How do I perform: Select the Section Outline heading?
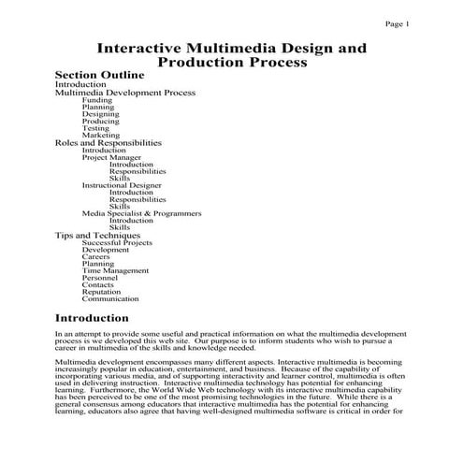tap(99, 75)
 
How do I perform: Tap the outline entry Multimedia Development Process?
tap(124, 93)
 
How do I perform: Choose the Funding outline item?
tap(96, 100)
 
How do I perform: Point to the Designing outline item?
tap(100, 114)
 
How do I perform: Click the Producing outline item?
tap(100, 122)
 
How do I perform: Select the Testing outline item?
tap(95, 128)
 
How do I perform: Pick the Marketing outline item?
tap(100, 136)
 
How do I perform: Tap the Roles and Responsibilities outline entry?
tap(109, 143)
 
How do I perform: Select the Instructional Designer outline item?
tap(123, 185)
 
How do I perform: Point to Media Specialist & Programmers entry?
tap(141, 213)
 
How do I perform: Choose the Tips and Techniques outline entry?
tap(97, 235)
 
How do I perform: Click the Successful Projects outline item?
tap(117, 242)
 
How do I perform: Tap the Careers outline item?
tap(96, 256)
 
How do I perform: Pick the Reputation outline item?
tap(101, 292)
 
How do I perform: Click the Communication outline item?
tap(110, 299)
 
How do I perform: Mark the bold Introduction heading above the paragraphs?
tap(92, 319)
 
